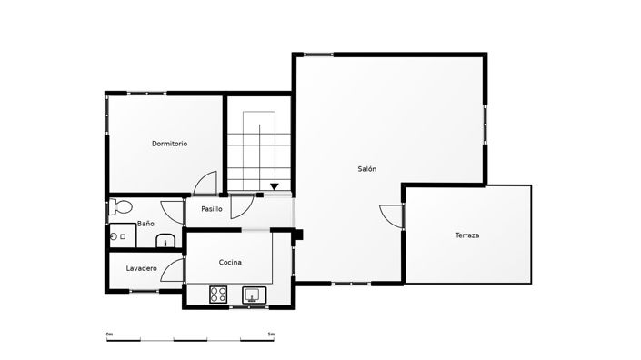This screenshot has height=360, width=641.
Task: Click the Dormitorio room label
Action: tap(169, 144)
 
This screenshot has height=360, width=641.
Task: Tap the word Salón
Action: tap(366, 169)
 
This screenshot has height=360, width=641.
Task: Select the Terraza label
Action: tap(467, 235)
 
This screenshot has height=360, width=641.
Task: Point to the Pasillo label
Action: tap(211, 210)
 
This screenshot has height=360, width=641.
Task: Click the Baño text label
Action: tap(145, 223)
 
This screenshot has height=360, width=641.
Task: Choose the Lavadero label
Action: tap(142, 268)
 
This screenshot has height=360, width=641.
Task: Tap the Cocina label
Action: tap(230, 262)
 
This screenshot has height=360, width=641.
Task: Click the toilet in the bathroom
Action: tap(120, 208)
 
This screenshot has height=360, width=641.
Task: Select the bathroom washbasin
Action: tap(165, 240)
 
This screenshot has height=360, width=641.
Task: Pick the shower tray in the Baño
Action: tap(121, 235)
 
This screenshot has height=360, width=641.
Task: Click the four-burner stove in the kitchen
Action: tap(218, 294)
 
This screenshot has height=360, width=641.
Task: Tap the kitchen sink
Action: tap(252, 295)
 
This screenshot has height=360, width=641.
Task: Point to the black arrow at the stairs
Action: tap(275, 187)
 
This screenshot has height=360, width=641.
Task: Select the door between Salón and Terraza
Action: tap(392, 216)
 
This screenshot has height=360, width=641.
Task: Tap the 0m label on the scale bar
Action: tap(109, 334)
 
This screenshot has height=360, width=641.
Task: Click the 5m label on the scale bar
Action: tap(271, 334)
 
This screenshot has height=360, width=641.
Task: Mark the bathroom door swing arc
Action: tap(172, 211)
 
